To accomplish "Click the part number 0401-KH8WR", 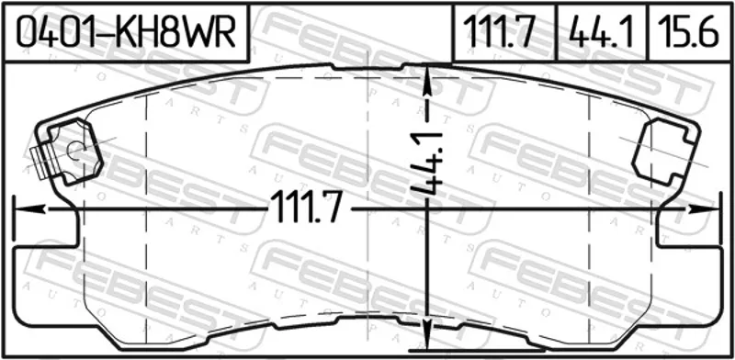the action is [126, 33].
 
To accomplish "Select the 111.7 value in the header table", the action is [499, 33].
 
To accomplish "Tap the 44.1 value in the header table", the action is [602, 33].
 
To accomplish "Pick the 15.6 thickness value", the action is [688, 33].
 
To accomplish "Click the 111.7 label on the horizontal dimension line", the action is [306, 208].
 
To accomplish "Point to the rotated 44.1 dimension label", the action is [427, 163].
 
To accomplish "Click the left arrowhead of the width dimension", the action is [30, 209].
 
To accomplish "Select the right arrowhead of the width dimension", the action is [703, 209].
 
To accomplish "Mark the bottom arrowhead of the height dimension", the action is [426, 334].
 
